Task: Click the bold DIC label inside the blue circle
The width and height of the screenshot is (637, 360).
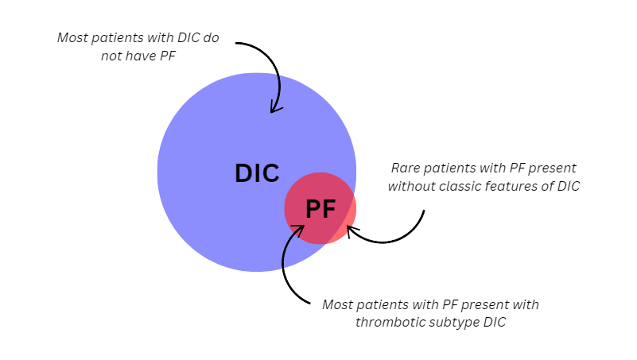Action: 257,173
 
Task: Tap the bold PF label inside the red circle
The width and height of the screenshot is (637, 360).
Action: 320,209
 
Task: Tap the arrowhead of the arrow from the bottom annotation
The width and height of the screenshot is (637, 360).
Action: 299,230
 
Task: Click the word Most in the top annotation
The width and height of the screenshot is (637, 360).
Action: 72,37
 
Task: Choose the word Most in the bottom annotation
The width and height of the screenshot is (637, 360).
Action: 338,305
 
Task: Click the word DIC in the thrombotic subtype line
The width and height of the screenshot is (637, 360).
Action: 495,323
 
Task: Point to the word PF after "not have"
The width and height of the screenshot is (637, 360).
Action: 168,56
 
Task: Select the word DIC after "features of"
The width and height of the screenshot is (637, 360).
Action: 569,186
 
